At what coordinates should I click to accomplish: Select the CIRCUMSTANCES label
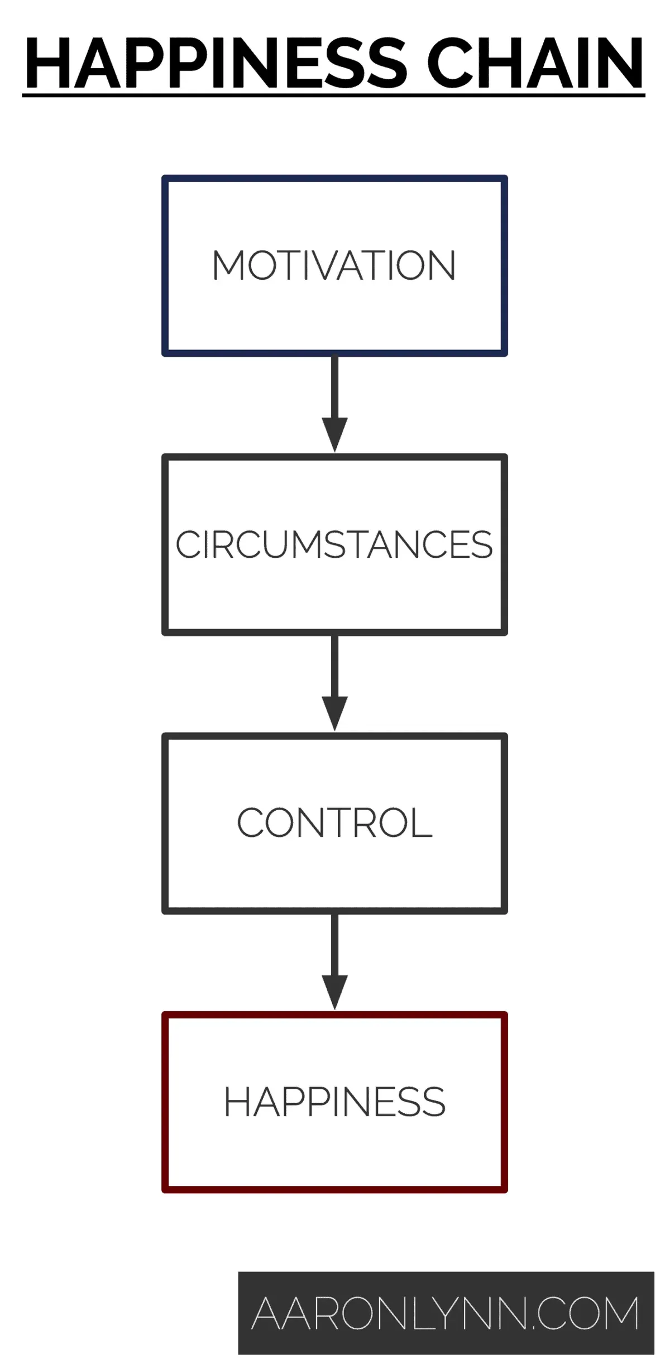click(x=334, y=544)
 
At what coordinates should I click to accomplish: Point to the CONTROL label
click(x=334, y=823)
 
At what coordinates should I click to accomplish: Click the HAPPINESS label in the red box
click(x=334, y=1102)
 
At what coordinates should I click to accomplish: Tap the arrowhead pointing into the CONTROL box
click(x=334, y=712)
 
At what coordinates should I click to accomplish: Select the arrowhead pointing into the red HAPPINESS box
click(x=334, y=992)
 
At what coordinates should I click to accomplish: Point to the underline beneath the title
click(x=334, y=96)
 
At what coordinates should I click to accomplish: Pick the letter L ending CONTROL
click(x=423, y=823)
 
